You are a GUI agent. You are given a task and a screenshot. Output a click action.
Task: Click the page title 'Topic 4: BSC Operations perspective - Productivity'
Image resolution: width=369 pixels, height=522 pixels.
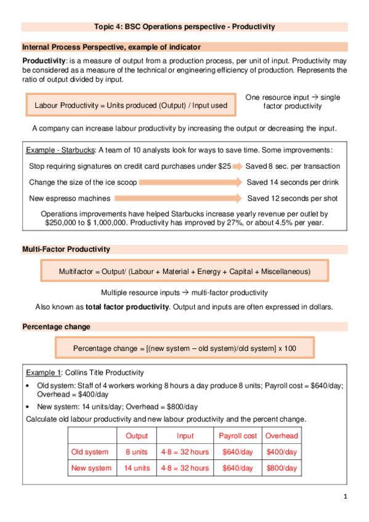184,27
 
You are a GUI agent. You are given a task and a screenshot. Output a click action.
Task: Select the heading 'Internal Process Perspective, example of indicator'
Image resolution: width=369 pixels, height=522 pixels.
111,47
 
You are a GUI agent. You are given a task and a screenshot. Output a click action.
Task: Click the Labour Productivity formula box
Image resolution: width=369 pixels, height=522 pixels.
131,105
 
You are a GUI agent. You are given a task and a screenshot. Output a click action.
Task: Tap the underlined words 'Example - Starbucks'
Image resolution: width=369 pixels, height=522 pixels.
60,151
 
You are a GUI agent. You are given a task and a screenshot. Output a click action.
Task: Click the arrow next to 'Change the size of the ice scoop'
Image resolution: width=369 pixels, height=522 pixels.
190,183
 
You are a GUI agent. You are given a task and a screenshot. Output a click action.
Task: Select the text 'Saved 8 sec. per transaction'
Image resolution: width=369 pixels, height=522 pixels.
293,166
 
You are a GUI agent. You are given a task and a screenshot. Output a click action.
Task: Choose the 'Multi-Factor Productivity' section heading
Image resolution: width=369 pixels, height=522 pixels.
66,249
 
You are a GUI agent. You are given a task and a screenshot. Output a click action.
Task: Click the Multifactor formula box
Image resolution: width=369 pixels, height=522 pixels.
184,271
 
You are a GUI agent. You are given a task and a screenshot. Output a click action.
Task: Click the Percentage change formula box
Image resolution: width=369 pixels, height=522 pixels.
184,348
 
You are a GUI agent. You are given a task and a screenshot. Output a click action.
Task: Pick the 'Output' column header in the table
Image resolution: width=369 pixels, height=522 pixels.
136,436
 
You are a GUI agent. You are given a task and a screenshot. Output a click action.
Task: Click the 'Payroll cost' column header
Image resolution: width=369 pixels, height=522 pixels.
238,436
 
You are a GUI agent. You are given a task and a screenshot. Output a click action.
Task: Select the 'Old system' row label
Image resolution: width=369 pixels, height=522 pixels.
90,452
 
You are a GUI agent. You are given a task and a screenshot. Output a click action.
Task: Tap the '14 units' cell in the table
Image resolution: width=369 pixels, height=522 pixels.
136,468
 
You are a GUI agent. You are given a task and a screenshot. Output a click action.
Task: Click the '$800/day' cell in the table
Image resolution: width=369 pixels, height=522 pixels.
282,468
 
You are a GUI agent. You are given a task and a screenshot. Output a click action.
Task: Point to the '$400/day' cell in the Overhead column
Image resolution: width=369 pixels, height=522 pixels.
282,452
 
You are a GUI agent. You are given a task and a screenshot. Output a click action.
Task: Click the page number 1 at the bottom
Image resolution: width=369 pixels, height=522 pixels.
346,497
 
